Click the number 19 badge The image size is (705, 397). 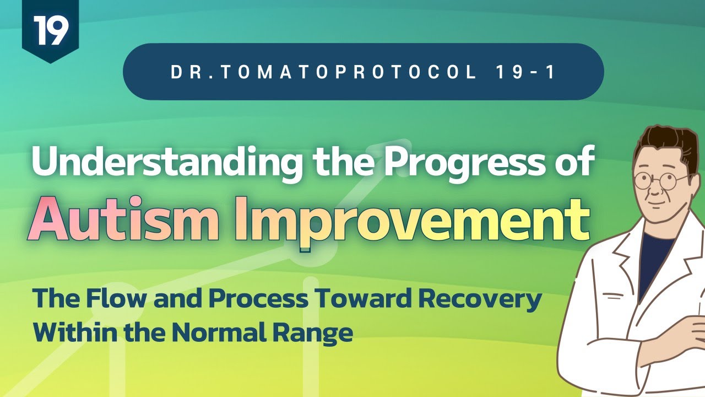(x=50, y=30)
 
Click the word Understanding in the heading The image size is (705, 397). (x=166, y=163)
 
